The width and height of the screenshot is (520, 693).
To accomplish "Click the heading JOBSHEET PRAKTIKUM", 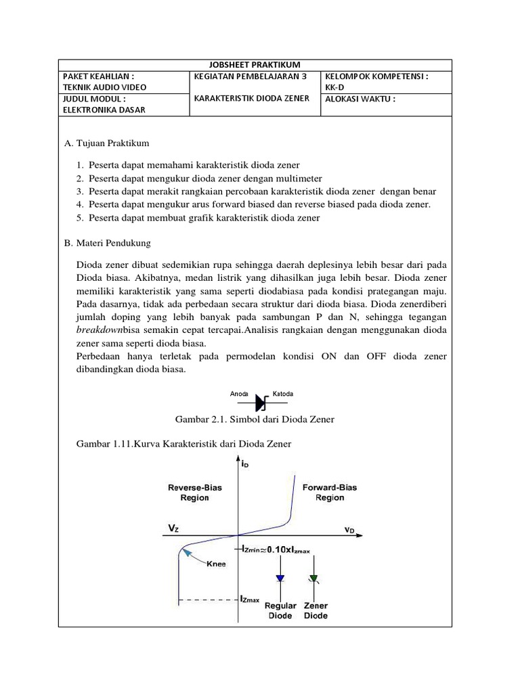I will tap(260, 64).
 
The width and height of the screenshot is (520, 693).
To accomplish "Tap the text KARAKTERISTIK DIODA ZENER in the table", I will tap(252, 98).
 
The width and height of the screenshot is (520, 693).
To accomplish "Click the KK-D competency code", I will tap(335, 87).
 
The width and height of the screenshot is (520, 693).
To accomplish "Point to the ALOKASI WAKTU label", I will tap(360, 99).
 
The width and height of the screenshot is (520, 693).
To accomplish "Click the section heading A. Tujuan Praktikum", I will tap(106, 143).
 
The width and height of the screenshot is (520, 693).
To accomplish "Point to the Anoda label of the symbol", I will tap(239, 393).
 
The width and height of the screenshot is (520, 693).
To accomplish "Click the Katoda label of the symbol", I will tap(283, 393).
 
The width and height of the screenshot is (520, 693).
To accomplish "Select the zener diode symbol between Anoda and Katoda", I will tap(261, 403).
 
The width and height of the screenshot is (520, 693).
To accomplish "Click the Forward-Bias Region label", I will tap(330, 492).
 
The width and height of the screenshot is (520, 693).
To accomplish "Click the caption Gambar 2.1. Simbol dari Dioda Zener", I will tap(255, 420).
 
